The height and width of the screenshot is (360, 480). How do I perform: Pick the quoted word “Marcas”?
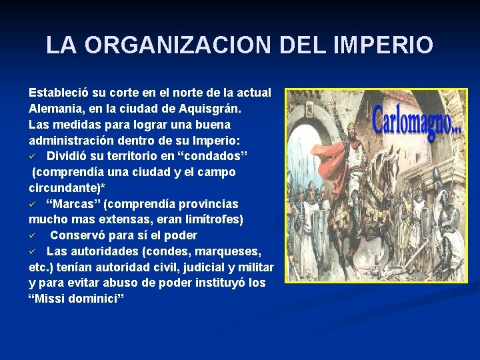click(x=73, y=203)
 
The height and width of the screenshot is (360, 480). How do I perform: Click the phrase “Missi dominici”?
click(x=77, y=299)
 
